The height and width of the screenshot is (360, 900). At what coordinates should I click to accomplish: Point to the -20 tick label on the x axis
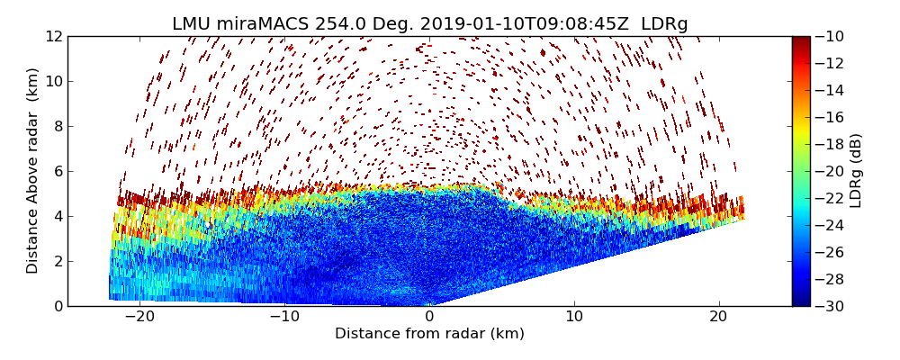pyautogui.click(x=139, y=317)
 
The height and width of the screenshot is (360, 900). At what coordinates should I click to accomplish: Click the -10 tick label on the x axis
pyautogui.click(x=284, y=317)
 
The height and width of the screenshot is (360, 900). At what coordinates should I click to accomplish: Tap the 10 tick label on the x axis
pyautogui.click(x=574, y=317)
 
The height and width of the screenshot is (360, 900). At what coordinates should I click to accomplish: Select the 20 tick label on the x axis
pyautogui.click(x=718, y=317)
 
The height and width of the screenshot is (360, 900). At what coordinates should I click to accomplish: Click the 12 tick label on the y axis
pyautogui.click(x=54, y=37)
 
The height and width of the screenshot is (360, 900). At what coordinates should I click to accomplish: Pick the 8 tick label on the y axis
pyautogui.click(x=58, y=127)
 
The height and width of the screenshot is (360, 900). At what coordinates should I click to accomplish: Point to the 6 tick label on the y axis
pyautogui.click(x=58, y=172)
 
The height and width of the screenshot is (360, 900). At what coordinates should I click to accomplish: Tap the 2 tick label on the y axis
pyautogui.click(x=58, y=262)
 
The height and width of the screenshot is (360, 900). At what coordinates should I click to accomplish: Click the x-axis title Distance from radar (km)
pyautogui.click(x=429, y=334)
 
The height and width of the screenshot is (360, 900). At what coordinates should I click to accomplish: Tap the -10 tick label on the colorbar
pyautogui.click(x=832, y=37)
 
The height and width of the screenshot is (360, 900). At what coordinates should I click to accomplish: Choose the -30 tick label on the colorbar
pyautogui.click(x=832, y=306)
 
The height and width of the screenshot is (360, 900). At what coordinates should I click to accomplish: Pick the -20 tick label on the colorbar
pyautogui.click(x=832, y=171)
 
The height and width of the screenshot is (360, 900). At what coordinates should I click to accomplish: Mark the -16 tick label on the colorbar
pyautogui.click(x=832, y=117)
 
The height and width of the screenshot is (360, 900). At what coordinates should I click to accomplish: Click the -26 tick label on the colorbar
pyautogui.click(x=832, y=252)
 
